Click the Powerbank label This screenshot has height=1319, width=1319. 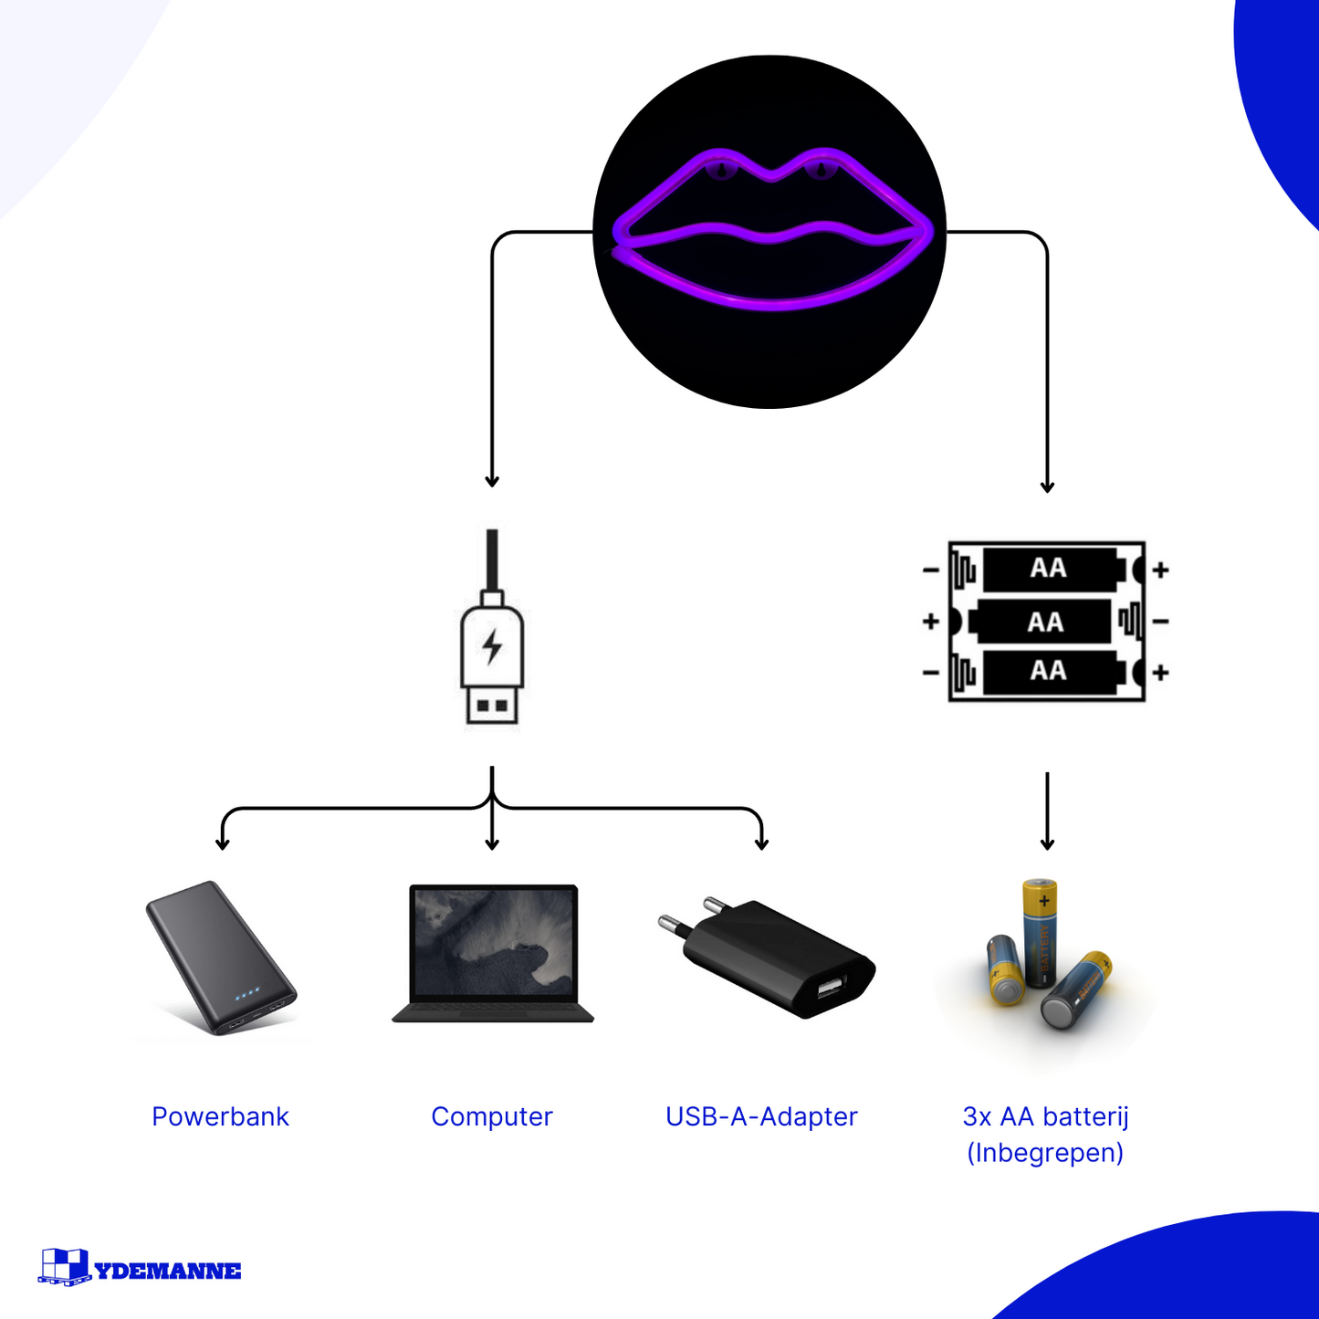click(220, 1116)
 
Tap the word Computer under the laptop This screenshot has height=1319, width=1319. click(491, 1116)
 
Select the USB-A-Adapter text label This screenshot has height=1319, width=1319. click(761, 1116)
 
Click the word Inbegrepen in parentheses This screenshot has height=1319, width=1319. click(1045, 1153)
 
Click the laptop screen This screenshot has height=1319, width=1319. click(494, 942)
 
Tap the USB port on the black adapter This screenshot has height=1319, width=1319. click(831, 988)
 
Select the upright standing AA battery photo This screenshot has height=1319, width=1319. click(1040, 932)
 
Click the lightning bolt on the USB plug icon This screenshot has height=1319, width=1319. click(493, 646)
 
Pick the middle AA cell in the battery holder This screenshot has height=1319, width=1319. click(1044, 623)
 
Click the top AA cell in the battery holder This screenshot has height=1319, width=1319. click(1049, 569)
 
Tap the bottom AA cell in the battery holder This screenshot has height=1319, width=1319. click(1049, 672)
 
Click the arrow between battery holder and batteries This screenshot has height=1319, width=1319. click(1047, 811)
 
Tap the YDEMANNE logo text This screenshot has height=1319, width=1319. click(168, 1271)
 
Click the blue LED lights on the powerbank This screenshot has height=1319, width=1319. click(247, 993)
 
